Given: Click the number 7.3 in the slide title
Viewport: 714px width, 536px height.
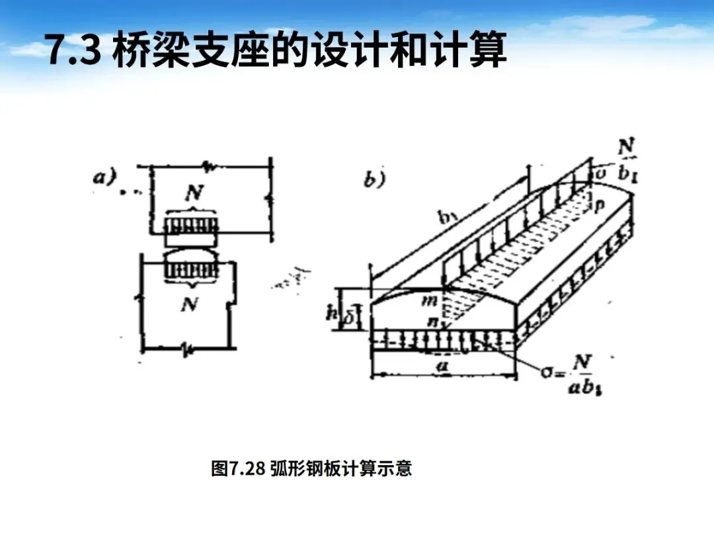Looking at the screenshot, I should pyautogui.click(x=72, y=51).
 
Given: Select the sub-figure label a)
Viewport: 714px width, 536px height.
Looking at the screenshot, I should pyautogui.click(x=105, y=177).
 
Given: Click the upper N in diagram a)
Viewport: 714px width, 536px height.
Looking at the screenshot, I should pyautogui.click(x=194, y=195).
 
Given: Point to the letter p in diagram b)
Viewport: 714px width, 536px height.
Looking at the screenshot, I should pyautogui.click(x=599, y=206).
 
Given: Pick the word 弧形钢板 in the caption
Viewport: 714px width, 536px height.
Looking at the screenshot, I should pyautogui.click(x=303, y=469).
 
